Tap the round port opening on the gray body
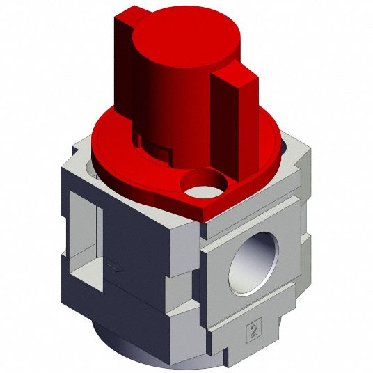(253, 264)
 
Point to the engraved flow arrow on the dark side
(115, 267)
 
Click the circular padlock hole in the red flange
(204, 183)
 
